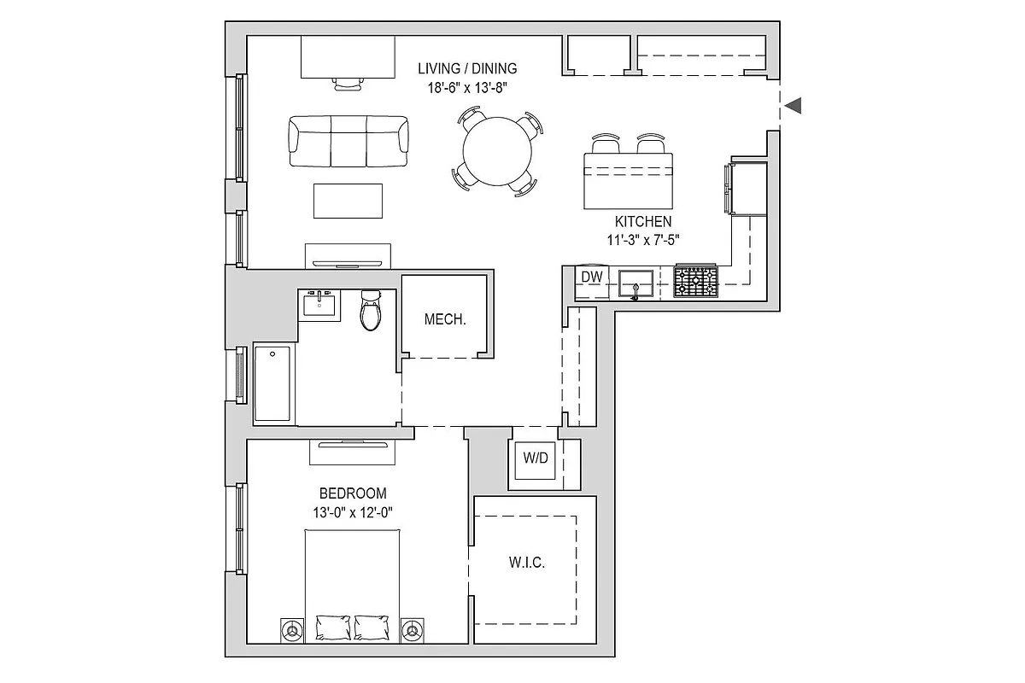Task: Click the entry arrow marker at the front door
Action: coord(793,106)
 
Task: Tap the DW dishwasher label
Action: coord(592,277)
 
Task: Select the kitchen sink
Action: coord(635,283)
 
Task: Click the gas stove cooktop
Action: coord(695,281)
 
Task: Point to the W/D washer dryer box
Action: coord(535,460)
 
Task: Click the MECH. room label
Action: coord(445,319)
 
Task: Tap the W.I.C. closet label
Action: coord(527,563)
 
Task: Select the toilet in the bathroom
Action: coord(371,310)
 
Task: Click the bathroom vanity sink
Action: coord(319,305)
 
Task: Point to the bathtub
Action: coord(272,383)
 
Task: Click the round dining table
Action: coord(497,151)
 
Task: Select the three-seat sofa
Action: coord(348,142)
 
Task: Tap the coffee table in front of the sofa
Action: coord(348,201)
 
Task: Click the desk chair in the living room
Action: coord(348,84)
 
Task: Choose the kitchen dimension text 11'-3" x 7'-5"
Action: coord(643,240)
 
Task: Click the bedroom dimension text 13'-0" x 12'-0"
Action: coord(353,512)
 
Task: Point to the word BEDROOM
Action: coord(353,493)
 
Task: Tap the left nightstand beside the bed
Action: coord(292,631)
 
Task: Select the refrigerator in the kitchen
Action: coord(747,188)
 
